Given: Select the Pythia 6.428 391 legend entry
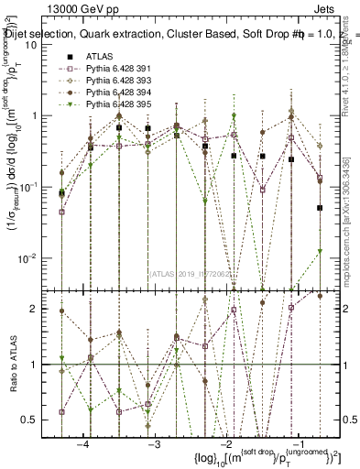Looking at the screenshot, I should tap(112, 69).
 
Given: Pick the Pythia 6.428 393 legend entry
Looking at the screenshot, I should tap(112, 81).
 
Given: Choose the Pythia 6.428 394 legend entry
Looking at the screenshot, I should tap(112, 93).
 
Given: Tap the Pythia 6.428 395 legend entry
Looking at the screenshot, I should tap(112, 105).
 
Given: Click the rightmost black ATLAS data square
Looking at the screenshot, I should tap(320, 208).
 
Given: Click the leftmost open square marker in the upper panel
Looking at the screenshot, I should tap(61, 212).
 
